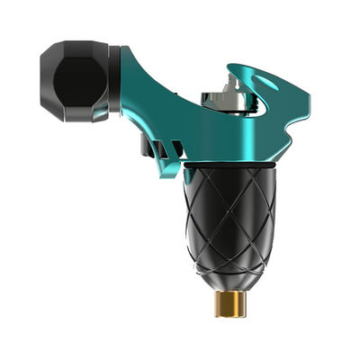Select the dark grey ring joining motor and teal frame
(114, 81)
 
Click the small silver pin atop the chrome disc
(233, 85)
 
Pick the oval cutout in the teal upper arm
(267, 85)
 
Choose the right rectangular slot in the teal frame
(166, 148)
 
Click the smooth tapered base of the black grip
(230, 274)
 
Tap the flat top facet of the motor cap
(76, 47)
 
